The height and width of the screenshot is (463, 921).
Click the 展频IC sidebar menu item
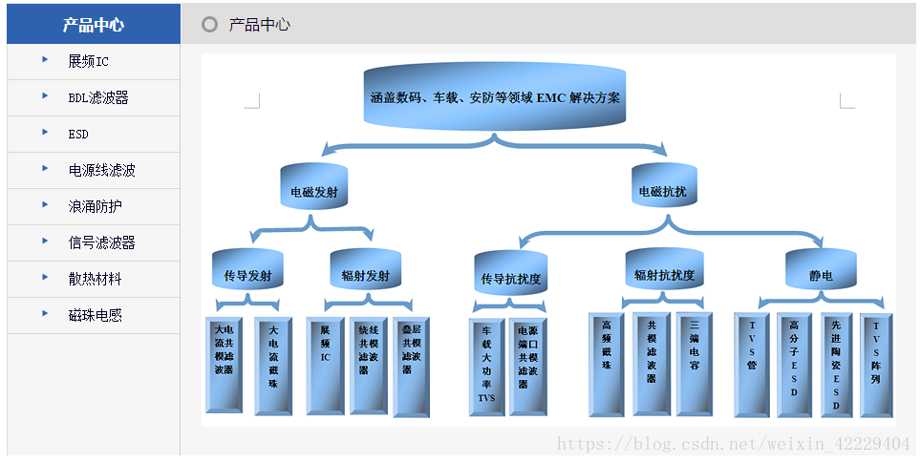pos(89,62)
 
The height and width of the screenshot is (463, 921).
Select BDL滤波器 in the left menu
pos(98,98)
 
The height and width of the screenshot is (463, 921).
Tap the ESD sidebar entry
pos(78,135)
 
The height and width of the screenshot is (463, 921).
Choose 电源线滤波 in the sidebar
pos(101,171)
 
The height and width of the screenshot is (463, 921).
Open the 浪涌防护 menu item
pos(96,207)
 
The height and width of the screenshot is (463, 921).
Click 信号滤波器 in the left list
pos(101,243)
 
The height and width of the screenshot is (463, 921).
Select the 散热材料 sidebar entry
pos(96,280)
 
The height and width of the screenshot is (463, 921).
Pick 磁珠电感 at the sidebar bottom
pos(96,316)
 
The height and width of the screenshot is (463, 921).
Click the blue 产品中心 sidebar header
pos(93,25)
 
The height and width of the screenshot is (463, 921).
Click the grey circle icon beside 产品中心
pos(210,25)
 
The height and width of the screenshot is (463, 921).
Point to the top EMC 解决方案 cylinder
pos(495,97)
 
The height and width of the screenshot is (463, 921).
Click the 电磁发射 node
pos(313,191)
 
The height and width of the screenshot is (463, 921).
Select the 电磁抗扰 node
pos(662,191)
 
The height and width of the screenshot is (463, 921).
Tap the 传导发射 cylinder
pos(247,276)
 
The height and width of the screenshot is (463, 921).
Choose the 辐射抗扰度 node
pos(664,274)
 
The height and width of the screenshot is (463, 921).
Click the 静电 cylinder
pos(821,275)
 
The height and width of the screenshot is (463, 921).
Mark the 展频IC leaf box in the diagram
pos(325,367)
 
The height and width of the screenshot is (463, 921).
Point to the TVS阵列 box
pos(876,366)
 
